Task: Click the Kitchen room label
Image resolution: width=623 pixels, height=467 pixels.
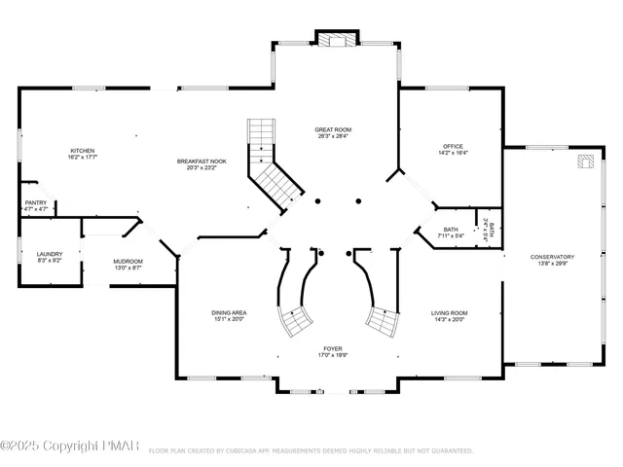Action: click(82, 151)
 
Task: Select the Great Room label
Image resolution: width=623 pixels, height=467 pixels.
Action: click(332, 129)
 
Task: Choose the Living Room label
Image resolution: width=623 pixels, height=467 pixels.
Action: click(449, 313)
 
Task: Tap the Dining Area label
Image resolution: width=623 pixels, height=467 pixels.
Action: click(229, 313)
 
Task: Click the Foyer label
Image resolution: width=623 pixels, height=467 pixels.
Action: click(333, 347)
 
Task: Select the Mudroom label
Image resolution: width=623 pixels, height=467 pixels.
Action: click(128, 261)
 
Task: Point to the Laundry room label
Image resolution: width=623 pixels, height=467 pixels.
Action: click(50, 254)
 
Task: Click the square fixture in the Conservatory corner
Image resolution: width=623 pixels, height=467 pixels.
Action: click(585, 162)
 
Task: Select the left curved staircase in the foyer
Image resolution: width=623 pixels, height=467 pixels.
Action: click(295, 318)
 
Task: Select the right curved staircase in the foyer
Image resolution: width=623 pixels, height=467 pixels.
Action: click(382, 318)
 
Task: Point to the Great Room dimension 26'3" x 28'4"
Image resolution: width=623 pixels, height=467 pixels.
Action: click(332, 137)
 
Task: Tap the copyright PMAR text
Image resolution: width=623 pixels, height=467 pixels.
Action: click(73, 447)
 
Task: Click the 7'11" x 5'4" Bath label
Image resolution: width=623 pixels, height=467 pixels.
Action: click(425, 231)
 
